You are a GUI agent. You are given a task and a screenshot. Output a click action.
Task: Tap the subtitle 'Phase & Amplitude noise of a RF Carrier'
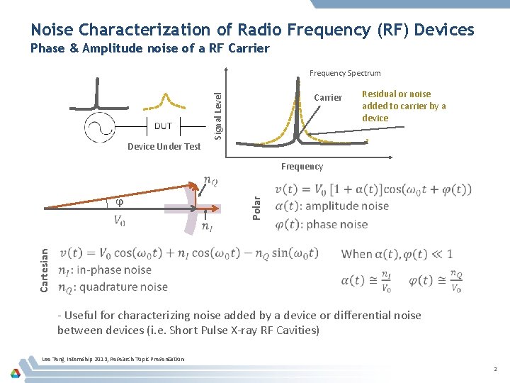(150, 48)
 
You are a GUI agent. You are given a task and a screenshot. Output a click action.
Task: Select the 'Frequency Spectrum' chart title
(345, 73)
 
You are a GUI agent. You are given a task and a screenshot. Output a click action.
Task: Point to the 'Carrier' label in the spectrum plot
(327, 97)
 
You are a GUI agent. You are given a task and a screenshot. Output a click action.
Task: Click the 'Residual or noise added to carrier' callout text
(404, 106)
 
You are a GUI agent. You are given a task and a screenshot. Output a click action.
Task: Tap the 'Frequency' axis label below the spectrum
(302, 167)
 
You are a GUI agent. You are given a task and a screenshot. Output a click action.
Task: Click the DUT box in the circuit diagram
(163, 126)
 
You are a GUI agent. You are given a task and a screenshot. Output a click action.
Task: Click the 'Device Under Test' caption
(164, 147)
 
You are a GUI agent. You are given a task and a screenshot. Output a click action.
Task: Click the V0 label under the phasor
(120, 221)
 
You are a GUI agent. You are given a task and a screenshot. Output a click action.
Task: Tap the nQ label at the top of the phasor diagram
(210, 182)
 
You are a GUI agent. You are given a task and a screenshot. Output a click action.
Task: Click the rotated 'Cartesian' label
(45, 270)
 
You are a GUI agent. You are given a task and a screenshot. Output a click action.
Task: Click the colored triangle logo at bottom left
(16, 372)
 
